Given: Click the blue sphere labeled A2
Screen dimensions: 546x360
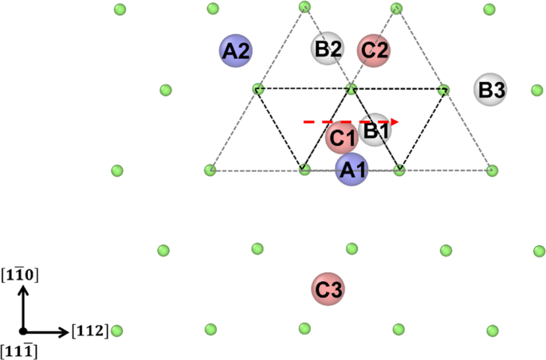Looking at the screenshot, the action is tap(236, 51).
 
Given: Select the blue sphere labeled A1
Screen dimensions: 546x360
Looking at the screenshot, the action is tap(352, 170).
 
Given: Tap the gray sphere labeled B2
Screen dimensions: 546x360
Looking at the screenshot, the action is tap(328, 49).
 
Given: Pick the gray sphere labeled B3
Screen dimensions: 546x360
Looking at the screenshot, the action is tap(489, 90).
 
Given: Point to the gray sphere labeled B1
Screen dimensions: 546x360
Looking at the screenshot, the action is tap(375, 128).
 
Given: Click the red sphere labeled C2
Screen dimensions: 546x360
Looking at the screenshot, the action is tap(374, 50).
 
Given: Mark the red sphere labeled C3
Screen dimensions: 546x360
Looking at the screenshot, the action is tap(327, 291).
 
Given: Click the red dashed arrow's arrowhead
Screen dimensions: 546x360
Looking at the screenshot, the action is tap(395, 122).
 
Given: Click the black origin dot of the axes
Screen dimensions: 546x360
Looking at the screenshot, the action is tap(24, 330).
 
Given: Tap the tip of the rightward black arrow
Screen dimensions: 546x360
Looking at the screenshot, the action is tap(67, 330).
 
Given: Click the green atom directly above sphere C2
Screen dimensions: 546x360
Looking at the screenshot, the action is tap(397, 9).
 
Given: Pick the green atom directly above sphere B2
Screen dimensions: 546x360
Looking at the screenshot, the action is tap(304, 7).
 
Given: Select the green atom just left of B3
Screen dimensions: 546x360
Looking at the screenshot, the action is tap(445, 89).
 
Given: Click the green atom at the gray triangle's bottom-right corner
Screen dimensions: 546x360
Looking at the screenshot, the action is tap(492, 170).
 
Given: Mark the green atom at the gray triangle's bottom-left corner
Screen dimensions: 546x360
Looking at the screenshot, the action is tap(210, 170).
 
